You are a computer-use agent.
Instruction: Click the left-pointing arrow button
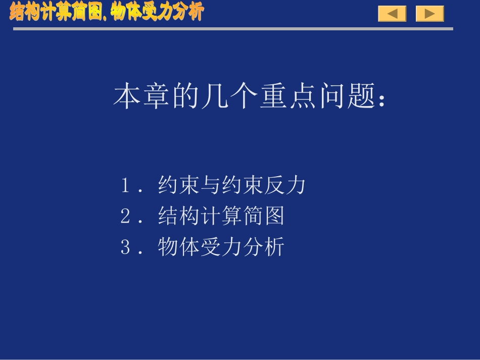point(392,14)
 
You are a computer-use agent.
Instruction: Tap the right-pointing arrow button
point(429,14)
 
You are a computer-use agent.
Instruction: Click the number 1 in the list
point(126,185)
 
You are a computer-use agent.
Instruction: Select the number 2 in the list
point(126,216)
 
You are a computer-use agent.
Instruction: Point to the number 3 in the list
point(126,247)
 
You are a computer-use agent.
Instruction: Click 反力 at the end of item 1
point(285,185)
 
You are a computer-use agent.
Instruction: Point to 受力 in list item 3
point(221,247)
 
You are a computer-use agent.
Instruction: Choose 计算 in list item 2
point(221,216)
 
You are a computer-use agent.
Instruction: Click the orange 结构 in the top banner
point(24,12)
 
